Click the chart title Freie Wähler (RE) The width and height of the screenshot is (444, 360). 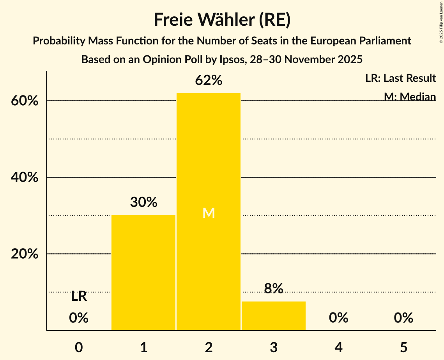click(222, 20)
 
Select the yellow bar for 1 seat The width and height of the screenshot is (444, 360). click(143, 272)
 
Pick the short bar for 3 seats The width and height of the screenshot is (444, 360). click(273, 316)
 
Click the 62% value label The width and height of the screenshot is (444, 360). click(209, 81)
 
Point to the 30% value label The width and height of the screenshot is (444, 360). click(143, 202)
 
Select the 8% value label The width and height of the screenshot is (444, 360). click(273, 288)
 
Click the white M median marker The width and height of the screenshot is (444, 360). click(209, 213)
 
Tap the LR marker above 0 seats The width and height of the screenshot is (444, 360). click(79, 296)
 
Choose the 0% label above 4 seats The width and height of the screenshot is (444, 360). click(338, 318)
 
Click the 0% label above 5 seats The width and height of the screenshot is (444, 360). click(403, 318)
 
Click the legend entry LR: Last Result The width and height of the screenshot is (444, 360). click(400, 78)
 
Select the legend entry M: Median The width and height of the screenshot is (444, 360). click(410, 96)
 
